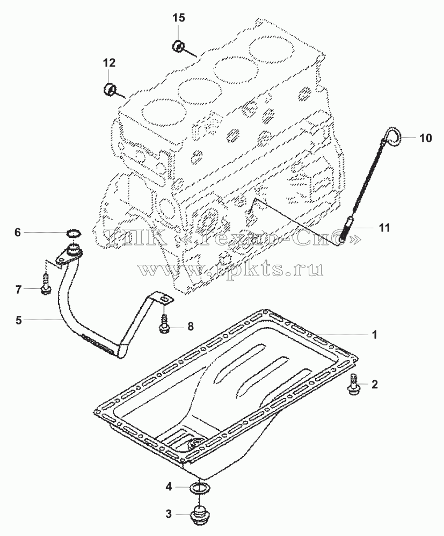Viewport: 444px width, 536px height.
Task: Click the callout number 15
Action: tap(178, 18)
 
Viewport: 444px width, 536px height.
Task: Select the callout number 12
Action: tap(110, 62)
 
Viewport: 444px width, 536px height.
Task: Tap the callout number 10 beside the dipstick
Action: tap(426, 138)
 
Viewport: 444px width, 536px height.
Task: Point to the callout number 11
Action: tap(385, 228)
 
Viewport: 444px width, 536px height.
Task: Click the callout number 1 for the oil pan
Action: tap(375, 334)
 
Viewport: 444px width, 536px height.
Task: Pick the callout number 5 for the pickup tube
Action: tap(18, 320)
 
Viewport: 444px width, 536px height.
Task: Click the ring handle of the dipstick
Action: tap(393, 135)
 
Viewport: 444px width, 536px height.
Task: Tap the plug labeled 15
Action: tap(178, 46)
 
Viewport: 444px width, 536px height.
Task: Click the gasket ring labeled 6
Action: tap(73, 234)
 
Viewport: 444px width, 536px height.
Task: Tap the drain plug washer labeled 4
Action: tap(200, 488)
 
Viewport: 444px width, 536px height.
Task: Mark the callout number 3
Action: tap(169, 514)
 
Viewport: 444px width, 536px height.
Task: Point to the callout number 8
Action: tap(191, 327)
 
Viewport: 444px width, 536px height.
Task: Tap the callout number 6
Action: tap(17, 233)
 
